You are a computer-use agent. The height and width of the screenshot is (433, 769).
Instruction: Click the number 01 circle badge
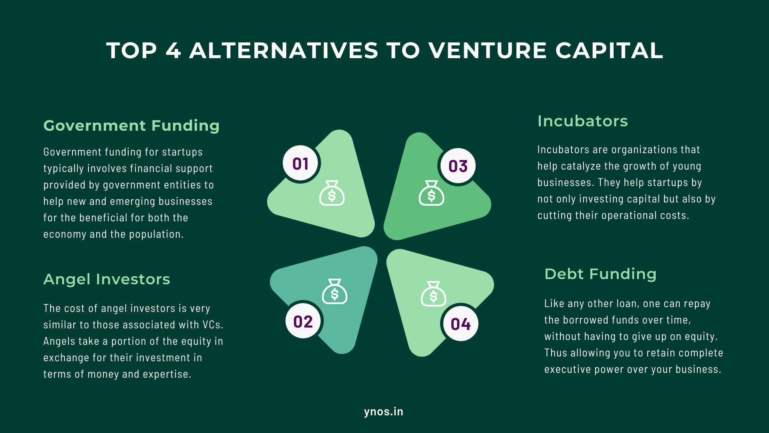pos(300,164)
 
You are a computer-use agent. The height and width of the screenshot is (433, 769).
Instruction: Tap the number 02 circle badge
pos(303,322)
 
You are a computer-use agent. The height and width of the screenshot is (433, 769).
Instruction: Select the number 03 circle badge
pos(458,166)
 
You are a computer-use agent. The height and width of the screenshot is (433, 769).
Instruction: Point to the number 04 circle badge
pos(461,324)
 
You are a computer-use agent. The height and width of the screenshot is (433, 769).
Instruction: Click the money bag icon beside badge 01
pos(332,194)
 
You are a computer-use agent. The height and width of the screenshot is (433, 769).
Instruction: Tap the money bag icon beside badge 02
pos(334,292)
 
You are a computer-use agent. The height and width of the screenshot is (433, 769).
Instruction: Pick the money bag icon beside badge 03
pos(431,194)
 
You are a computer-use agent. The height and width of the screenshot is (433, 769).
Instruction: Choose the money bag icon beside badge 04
pos(433,294)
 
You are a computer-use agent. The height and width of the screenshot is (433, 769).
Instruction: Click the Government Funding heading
pos(131,125)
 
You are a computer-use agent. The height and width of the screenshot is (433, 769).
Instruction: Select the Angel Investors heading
pos(107,279)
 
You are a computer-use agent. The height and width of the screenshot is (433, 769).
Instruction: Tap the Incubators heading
pos(582,121)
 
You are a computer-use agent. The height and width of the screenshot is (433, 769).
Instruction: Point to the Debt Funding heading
pos(600,274)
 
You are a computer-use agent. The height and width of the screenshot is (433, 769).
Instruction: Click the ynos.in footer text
pos(384,412)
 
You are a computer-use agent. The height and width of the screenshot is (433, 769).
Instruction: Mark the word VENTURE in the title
pos(487,51)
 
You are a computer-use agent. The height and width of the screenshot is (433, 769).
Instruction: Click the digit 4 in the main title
pos(173,51)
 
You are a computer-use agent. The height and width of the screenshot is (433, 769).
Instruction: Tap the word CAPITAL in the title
pos(609,51)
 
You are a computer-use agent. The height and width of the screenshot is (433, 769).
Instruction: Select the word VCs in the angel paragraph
pos(212,325)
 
